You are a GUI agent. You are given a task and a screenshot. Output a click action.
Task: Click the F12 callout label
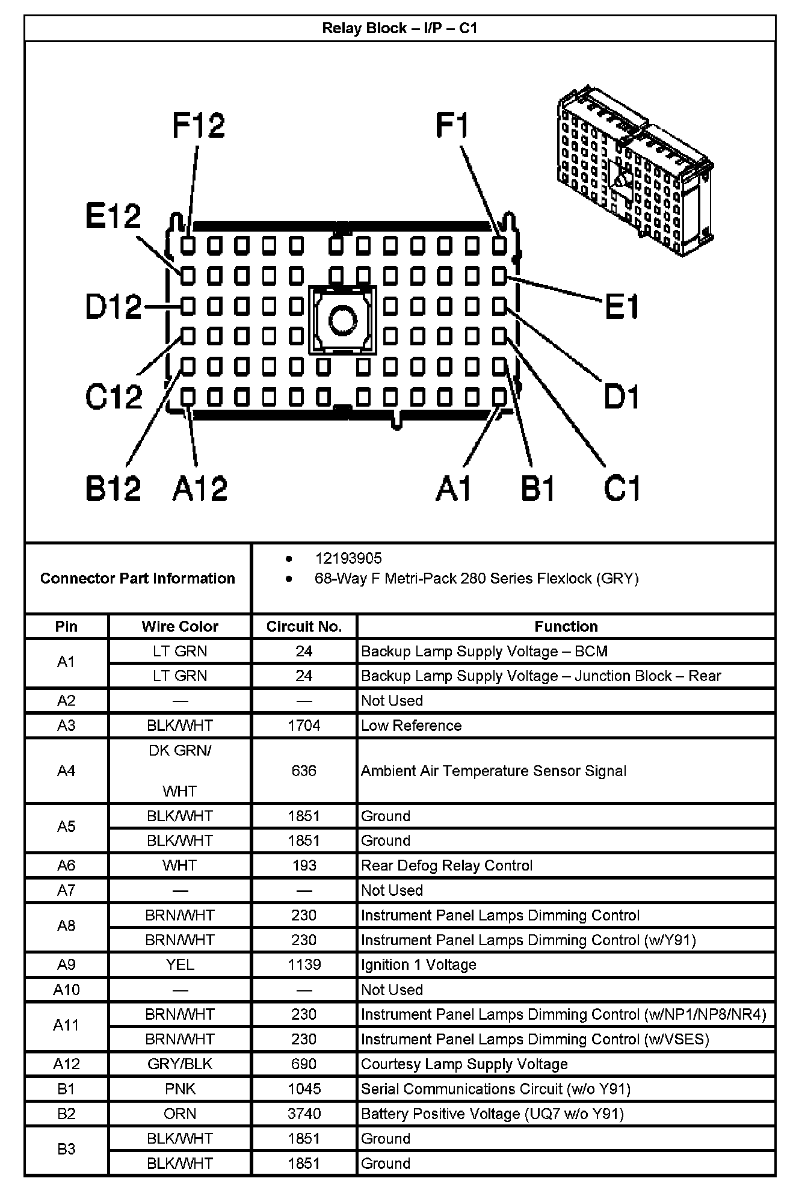click(198, 126)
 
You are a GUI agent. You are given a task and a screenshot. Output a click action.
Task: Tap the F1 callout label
click(452, 126)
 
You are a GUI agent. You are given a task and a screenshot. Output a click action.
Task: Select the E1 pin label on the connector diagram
click(622, 307)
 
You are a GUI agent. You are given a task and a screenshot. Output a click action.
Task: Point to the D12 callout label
click(113, 307)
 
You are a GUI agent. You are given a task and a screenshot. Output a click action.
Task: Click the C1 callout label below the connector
click(622, 487)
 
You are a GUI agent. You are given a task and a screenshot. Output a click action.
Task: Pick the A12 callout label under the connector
click(200, 487)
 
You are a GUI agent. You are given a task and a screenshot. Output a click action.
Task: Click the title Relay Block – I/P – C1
click(399, 28)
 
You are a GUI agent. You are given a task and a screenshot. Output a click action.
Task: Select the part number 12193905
click(348, 558)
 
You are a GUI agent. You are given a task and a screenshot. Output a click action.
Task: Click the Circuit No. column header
click(304, 626)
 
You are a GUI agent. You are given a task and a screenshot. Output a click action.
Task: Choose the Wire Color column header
click(180, 626)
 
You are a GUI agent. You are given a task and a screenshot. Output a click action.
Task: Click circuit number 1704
click(304, 726)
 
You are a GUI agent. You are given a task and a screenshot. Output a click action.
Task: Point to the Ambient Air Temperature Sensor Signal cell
click(493, 771)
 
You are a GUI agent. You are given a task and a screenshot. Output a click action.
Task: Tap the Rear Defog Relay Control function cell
click(446, 865)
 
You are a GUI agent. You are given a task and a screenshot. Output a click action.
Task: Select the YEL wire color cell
click(180, 964)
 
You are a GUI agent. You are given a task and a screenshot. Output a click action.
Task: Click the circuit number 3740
click(304, 1114)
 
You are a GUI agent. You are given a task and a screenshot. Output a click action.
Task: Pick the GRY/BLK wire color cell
click(180, 1064)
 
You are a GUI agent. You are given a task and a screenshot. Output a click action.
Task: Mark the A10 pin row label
click(66, 990)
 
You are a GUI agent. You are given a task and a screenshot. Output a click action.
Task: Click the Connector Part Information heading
click(137, 578)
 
